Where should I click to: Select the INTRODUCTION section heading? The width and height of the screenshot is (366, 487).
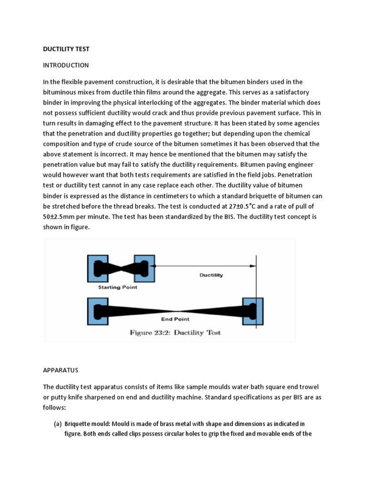pos(66,65)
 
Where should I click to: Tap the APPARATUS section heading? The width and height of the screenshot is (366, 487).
pos(61,369)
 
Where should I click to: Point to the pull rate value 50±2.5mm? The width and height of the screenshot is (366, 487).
pos(61,216)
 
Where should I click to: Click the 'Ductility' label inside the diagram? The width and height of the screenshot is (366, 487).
pos(211,275)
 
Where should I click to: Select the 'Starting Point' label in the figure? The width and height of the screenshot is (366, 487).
pos(118,287)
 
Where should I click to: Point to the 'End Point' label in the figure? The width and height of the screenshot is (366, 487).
pos(175,319)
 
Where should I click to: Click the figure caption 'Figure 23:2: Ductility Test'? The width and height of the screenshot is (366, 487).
pos(175,332)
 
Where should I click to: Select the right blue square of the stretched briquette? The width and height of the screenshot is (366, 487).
pos(252,312)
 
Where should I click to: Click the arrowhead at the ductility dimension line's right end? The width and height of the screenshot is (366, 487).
pos(254,266)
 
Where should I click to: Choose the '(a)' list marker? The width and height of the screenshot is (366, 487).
pos(58,424)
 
